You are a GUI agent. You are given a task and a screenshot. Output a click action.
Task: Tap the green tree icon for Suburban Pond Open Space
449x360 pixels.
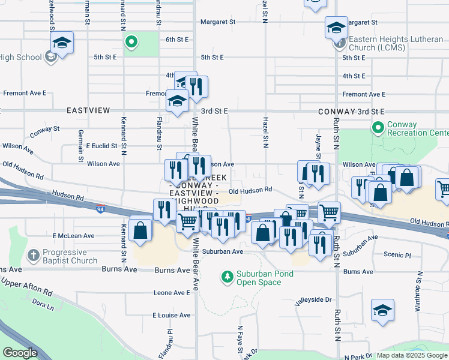point(228,277)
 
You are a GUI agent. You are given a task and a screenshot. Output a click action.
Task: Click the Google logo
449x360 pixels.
point(20,353)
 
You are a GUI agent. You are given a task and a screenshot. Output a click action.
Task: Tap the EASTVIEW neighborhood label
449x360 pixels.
point(88,111)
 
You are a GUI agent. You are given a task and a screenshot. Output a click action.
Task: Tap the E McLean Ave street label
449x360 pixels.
point(74,236)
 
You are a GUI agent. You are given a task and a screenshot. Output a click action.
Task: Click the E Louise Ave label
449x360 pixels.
point(171,315)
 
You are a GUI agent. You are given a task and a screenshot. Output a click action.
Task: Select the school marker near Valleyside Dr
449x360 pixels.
point(382,310)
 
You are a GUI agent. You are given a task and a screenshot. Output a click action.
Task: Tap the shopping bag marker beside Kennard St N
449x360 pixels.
point(140,229)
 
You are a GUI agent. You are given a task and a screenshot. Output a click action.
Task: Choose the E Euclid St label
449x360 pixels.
point(105,146)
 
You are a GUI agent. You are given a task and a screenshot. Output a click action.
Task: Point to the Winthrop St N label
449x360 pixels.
point(418,291)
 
